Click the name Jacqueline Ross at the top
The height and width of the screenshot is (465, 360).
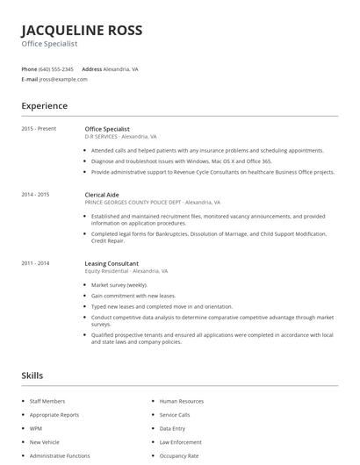click(82, 30)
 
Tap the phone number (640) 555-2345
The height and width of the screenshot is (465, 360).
click(56, 68)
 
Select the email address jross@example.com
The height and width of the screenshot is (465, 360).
click(63, 79)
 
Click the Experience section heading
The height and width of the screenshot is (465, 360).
click(45, 106)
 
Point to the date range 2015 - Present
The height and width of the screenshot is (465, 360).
click(39, 128)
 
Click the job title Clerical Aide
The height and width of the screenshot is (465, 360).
click(103, 194)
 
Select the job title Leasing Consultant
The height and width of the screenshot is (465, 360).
click(112, 263)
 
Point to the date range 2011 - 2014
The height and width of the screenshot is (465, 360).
click(35, 263)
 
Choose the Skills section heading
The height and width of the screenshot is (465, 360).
click(32, 376)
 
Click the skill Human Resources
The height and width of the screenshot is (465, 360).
click(182, 401)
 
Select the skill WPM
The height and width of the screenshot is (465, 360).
click(36, 428)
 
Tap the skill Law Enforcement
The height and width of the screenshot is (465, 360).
click(181, 442)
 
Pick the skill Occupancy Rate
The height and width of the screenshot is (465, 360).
click(179, 455)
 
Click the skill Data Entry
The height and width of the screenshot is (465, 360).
click(172, 428)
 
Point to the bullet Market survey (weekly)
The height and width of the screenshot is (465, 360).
click(119, 285)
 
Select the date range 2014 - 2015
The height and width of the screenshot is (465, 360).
click(35, 194)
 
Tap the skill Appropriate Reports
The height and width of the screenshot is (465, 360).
click(54, 414)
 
